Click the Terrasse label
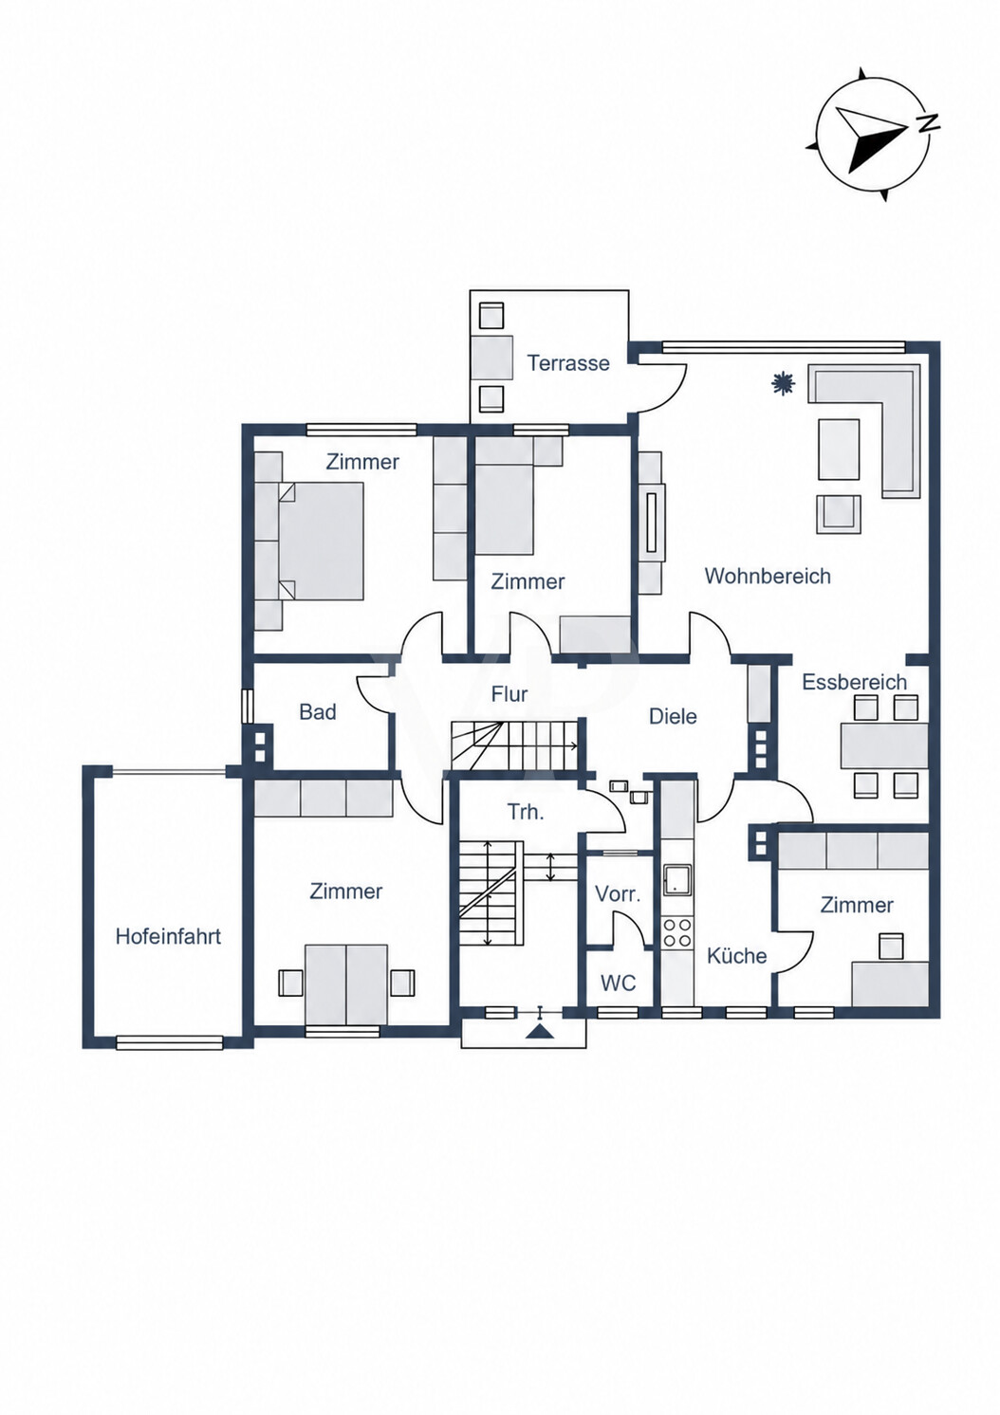(568, 363)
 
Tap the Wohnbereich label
(768, 576)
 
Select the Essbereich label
(855, 682)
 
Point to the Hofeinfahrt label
(168, 936)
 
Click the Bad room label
(317, 712)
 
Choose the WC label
(619, 983)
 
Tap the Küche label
(737, 956)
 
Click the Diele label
(674, 716)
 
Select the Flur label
(509, 694)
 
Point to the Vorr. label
(619, 893)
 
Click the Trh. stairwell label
(526, 812)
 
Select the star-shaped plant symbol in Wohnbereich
(783, 383)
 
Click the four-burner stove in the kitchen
(677, 933)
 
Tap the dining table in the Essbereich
(884, 746)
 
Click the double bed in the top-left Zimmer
(321, 542)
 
